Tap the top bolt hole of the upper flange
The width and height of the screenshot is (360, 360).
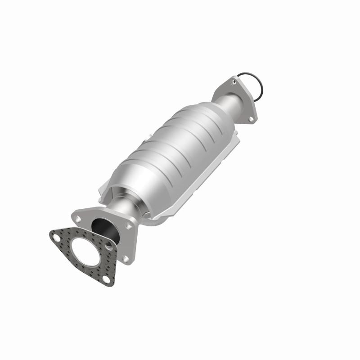click(x=234, y=82)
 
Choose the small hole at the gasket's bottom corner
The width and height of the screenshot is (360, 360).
click(x=106, y=280)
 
